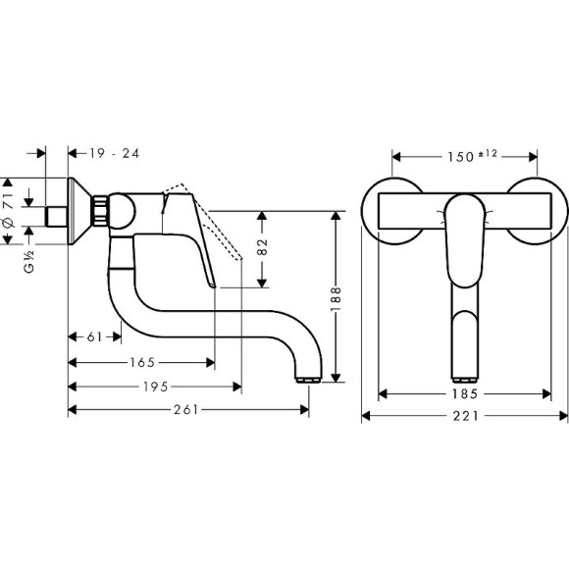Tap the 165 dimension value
141,361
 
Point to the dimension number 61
95,336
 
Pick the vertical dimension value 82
262,248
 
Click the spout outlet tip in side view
308,379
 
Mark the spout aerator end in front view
464,375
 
